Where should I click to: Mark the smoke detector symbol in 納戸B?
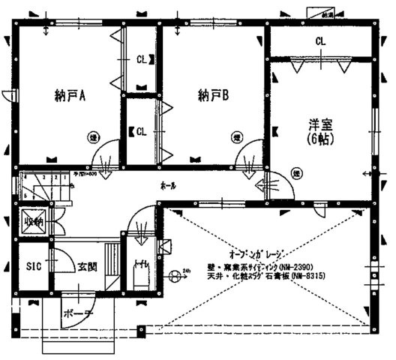click(x=236, y=136)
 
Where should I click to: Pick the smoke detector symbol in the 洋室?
click(x=296, y=174)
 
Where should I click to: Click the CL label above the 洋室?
click(x=320, y=40)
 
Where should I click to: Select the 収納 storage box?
click(x=32, y=223)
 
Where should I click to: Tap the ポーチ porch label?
click(x=77, y=313)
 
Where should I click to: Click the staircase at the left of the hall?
click(x=41, y=187)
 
